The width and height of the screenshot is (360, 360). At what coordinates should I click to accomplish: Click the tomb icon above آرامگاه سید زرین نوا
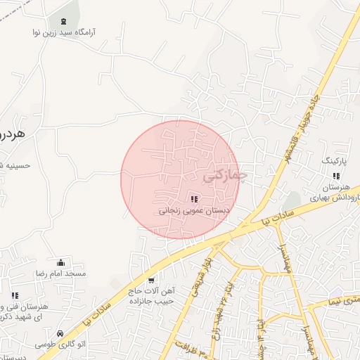pos(65,22)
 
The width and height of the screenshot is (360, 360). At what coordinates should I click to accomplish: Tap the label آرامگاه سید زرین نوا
pos(64,32)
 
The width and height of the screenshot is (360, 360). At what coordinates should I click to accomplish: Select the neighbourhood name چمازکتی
pos(226,176)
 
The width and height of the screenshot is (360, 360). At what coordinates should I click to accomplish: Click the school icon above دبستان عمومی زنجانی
pos(195,199)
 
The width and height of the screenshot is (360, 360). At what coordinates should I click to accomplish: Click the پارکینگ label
pos(335,161)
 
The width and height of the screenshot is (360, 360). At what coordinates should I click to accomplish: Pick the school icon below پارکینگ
pos(336,176)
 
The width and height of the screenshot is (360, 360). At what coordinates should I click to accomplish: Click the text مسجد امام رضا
pos(62,273)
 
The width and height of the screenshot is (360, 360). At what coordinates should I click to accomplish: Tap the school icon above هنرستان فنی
pos(15,295)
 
